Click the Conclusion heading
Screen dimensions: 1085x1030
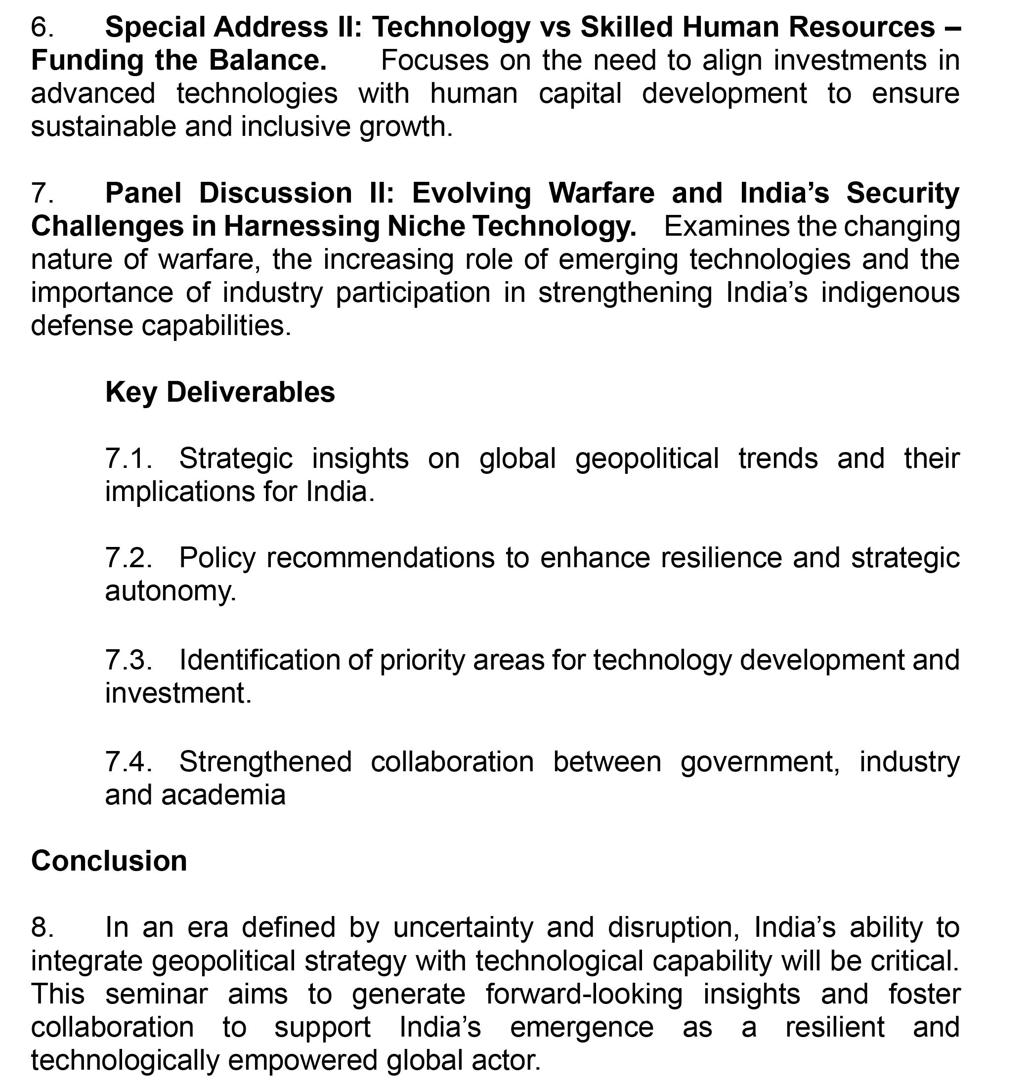point(109,860)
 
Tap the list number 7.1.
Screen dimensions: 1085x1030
point(129,458)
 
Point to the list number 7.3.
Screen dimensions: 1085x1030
point(129,659)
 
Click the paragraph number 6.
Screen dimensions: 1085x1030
point(42,27)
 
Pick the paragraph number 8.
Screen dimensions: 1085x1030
point(42,927)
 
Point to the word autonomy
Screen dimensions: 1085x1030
point(170,591)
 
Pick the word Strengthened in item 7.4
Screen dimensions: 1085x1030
point(265,761)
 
